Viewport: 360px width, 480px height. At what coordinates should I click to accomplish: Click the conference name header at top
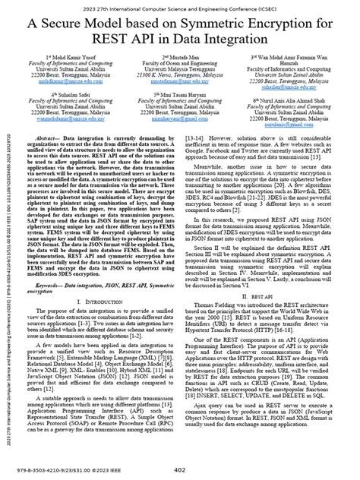180,7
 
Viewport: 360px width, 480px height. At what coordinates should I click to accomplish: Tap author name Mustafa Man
180,56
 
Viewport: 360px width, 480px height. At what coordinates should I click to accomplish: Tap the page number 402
180,469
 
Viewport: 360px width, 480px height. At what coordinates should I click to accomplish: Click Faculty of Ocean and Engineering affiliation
180,62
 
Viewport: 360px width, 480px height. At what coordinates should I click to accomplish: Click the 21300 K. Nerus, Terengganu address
179,76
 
